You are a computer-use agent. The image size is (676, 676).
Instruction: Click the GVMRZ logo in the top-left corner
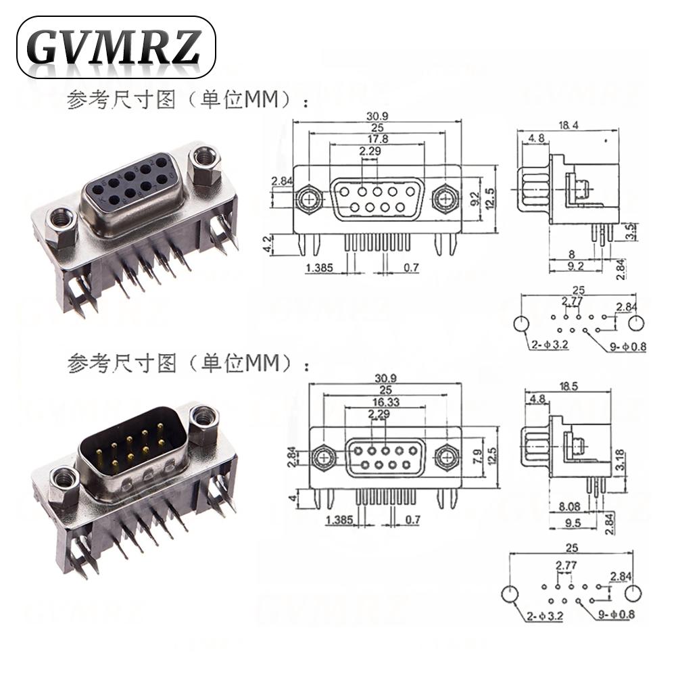coord(116,47)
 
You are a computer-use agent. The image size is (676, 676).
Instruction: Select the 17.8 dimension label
coord(376,139)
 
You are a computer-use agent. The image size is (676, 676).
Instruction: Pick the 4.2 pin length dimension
coord(268,244)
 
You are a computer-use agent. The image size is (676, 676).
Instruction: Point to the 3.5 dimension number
coord(629,232)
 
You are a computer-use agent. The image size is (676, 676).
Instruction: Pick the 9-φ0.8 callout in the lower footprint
coord(617,616)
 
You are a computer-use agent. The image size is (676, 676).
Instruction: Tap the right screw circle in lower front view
coord(445,458)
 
